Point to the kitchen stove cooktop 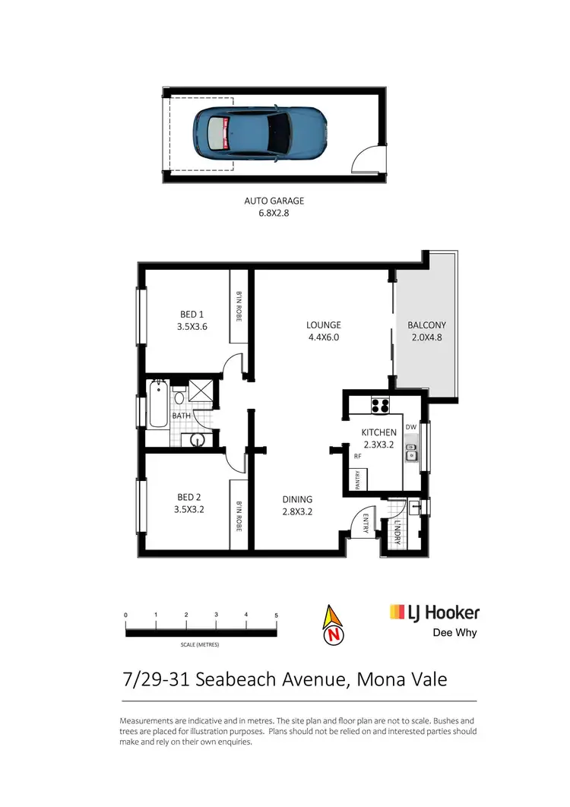(x=380, y=403)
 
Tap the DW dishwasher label (x=411, y=427)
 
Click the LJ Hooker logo (x=434, y=612)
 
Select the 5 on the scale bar (x=277, y=614)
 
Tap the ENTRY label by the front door (x=366, y=524)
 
